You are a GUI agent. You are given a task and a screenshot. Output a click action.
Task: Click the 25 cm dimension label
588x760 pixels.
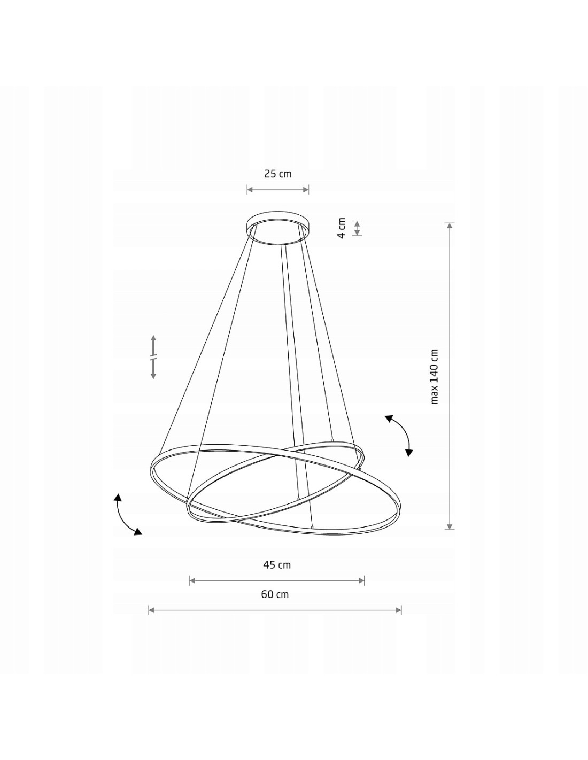pyautogui.click(x=277, y=174)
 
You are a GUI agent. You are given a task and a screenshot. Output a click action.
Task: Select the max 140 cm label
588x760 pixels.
pyautogui.click(x=434, y=376)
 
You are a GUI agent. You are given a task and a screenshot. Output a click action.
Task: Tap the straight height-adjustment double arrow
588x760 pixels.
pyautogui.click(x=153, y=357)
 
